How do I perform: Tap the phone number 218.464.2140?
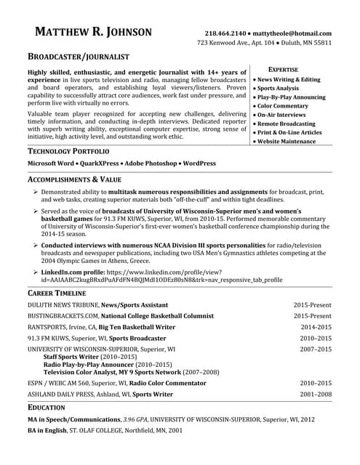(x=225, y=33)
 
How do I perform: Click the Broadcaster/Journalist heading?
(x=78, y=56)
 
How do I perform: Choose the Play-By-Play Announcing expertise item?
(x=289, y=97)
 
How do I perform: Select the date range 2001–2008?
(x=316, y=394)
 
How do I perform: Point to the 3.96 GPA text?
(x=138, y=419)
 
